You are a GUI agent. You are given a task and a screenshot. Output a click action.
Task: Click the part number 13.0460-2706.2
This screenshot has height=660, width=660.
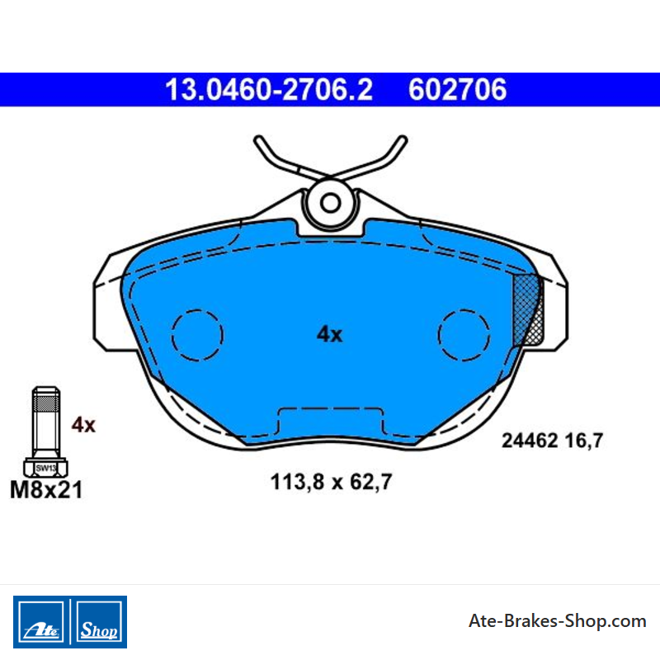(x=269, y=90)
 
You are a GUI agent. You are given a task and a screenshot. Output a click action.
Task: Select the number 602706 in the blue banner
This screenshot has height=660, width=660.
(x=458, y=90)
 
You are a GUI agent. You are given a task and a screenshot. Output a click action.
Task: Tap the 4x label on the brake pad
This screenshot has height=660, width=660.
(x=329, y=335)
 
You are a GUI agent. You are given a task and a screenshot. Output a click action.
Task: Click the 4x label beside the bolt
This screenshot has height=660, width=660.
(x=83, y=425)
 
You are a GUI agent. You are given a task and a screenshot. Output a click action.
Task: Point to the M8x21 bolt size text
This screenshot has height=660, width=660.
(x=46, y=490)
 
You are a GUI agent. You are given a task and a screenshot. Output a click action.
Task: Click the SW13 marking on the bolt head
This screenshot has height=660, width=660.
(x=46, y=468)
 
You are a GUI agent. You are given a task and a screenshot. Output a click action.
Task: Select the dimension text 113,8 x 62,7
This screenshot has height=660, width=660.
(x=332, y=482)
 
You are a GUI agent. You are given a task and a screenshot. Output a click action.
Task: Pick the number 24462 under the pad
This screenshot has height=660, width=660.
(x=530, y=441)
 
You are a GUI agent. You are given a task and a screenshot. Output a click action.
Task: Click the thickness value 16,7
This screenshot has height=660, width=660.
(x=584, y=441)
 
